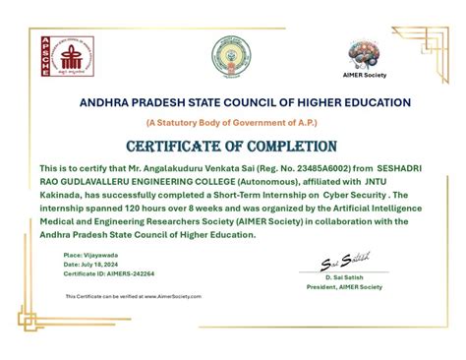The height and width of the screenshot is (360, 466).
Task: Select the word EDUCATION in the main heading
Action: (x=376, y=102)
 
